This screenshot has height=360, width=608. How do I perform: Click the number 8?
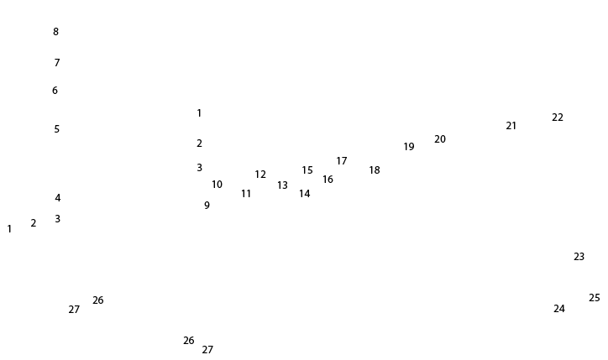(x=56, y=32)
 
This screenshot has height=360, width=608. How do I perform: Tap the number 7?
(x=57, y=63)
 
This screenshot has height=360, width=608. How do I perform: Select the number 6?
(x=55, y=91)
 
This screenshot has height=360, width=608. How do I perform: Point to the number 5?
(x=57, y=129)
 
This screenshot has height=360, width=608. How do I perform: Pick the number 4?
(x=58, y=198)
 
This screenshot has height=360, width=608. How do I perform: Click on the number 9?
(x=207, y=206)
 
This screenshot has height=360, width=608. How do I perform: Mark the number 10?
(x=217, y=185)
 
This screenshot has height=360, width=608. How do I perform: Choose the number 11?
(x=246, y=194)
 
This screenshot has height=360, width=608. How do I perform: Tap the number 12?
(x=260, y=175)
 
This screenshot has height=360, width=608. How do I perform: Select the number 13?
(x=282, y=185)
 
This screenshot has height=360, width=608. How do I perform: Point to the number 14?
(x=304, y=194)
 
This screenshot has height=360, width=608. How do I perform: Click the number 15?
(x=307, y=170)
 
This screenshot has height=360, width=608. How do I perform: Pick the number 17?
(x=342, y=161)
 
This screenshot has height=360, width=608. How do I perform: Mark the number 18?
(x=375, y=170)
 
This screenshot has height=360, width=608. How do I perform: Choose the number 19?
(x=409, y=147)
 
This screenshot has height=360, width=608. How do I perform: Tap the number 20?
(x=440, y=139)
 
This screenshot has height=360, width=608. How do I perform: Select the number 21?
(x=511, y=126)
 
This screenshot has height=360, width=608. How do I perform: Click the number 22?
(x=558, y=117)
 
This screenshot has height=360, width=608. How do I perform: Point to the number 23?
(x=579, y=257)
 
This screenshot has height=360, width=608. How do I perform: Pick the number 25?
(x=595, y=298)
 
